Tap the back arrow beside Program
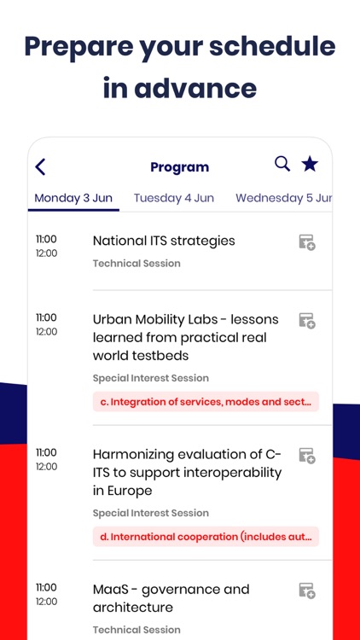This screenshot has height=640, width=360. click(x=40, y=167)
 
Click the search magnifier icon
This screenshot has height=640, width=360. click(x=282, y=164)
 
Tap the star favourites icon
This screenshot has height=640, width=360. click(x=310, y=164)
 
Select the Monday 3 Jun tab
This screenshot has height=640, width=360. click(x=73, y=198)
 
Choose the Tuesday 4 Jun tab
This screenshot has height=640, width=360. click(x=174, y=198)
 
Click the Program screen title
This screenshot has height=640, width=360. click(x=179, y=167)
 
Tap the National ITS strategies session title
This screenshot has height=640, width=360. click(x=164, y=241)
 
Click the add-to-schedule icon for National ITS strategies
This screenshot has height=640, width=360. click(x=307, y=242)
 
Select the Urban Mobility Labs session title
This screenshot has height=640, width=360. click(x=179, y=337)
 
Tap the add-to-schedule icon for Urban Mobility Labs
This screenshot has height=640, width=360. click(x=307, y=321)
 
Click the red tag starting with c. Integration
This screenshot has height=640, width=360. click(x=206, y=402)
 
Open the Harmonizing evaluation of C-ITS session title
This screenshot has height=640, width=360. click(x=187, y=472)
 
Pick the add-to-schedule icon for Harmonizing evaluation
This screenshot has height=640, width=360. click(x=307, y=456)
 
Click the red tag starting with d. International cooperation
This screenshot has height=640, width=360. click(x=206, y=537)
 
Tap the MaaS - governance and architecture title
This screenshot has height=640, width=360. click(x=171, y=598)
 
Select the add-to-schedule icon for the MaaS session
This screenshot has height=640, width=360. click(x=307, y=591)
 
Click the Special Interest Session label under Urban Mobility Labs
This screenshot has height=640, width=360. click(x=150, y=378)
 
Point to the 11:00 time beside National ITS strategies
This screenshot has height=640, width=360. click(x=46, y=240)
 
